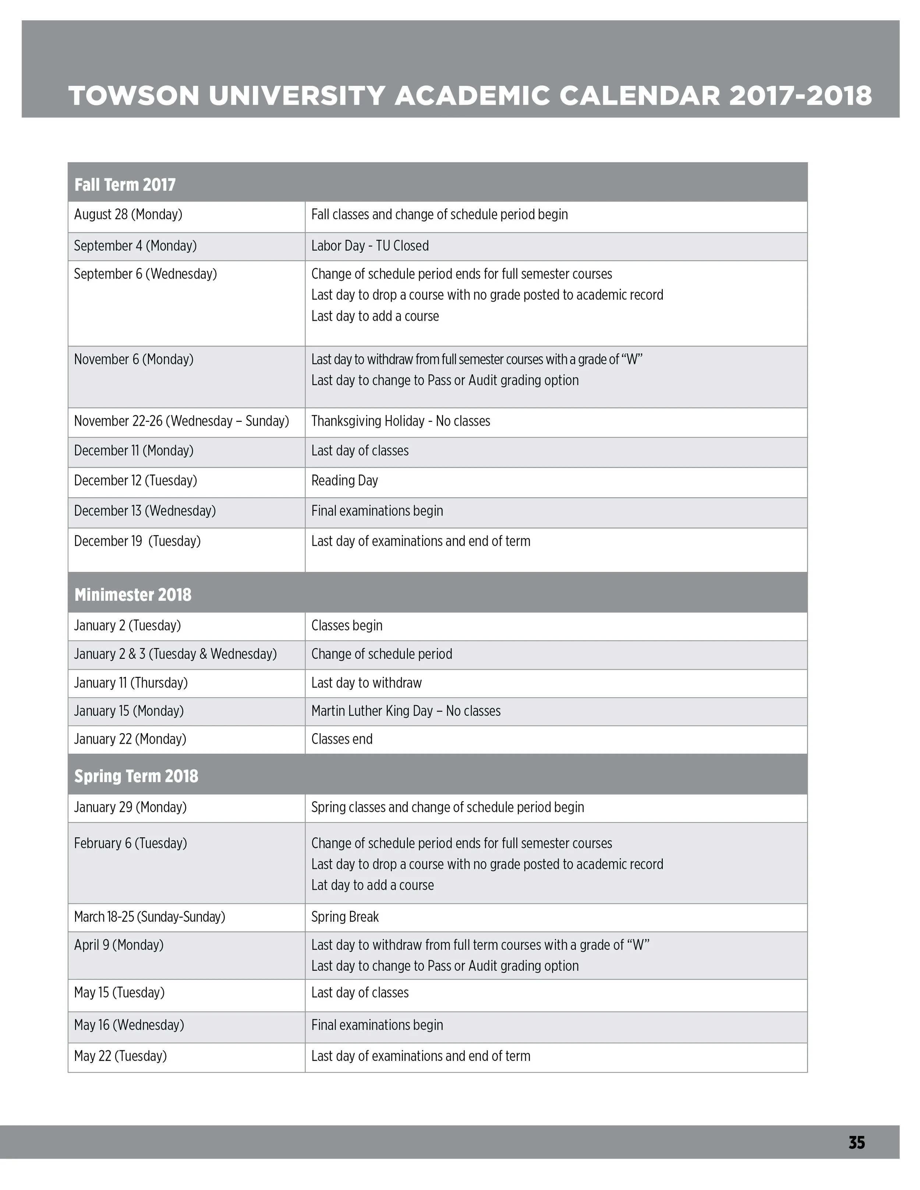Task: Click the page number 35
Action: (x=856, y=1142)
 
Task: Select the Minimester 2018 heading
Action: (x=132, y=594)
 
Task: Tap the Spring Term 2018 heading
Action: (x=136, y=776)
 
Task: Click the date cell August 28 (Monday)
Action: (x=128, y=215)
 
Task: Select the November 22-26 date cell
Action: (x=181, y=421)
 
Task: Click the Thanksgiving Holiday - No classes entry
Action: (x=401, y=421)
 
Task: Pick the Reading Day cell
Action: (x=344, y=480)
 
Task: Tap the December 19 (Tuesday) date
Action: (x=137, y=541)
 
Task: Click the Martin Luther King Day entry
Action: (x=406, y=711)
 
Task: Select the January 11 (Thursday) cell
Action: (x=131, y=683)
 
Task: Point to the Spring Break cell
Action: (x=344, y=917)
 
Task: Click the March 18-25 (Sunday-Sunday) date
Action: (x=149, y=917)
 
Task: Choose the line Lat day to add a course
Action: (x=372, y=885)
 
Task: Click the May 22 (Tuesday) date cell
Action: (x=120, y=1056)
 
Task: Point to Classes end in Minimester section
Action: (x=342, y=739)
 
